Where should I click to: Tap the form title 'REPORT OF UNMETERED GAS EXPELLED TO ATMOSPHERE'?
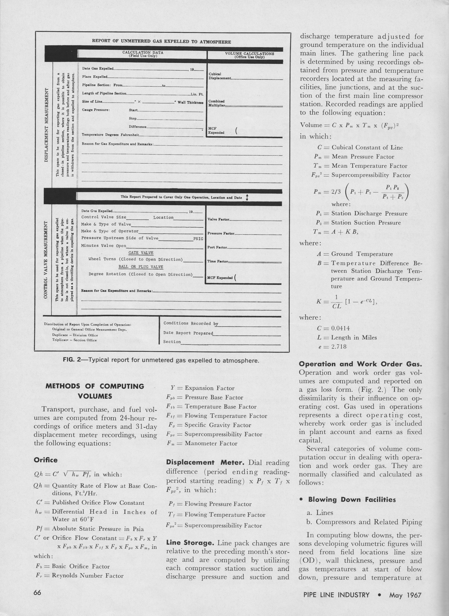point(161,42)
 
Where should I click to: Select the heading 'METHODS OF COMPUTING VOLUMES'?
point(95,391)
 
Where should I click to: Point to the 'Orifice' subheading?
point(46,460)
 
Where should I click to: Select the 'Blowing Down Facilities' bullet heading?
point(352,499)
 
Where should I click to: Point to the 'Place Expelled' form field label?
point(95,77)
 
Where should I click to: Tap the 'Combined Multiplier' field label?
point(216,103)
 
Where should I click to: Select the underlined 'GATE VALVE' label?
point(141,253)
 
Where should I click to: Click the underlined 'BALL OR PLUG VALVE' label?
point(141,267)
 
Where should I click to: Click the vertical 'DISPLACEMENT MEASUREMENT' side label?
point(46,125)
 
